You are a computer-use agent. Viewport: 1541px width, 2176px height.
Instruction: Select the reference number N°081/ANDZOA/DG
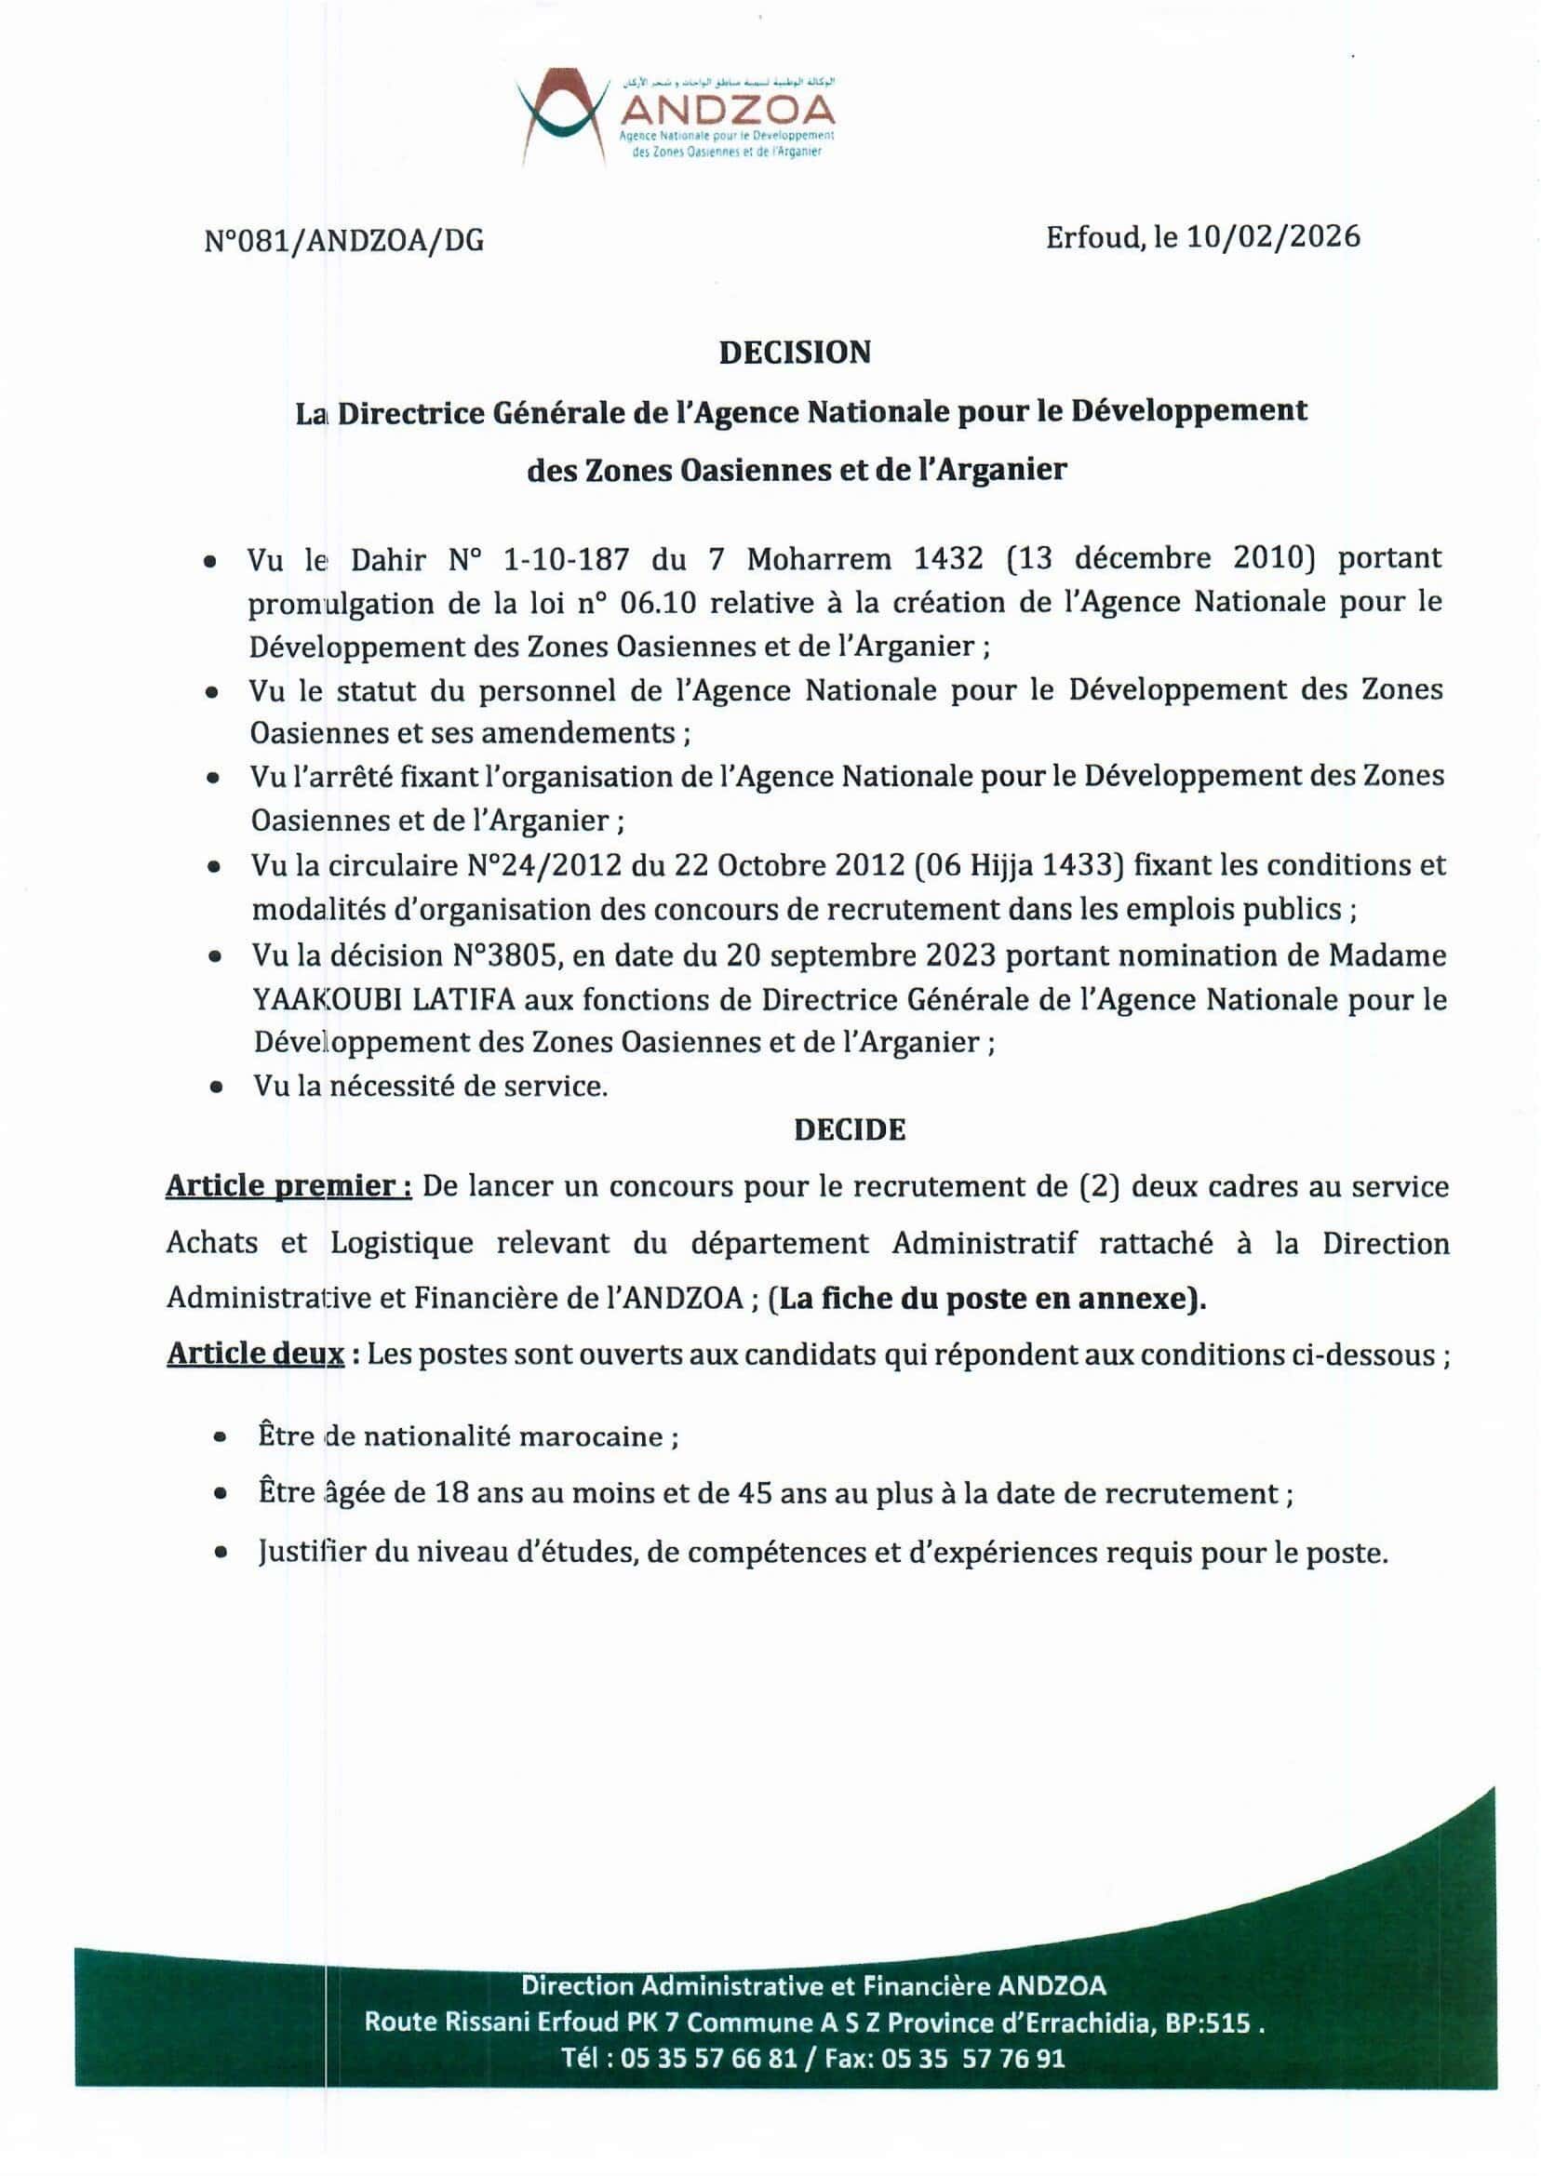(x=343, y=241)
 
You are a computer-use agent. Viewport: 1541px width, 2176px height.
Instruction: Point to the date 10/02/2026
(x=1272, y=236)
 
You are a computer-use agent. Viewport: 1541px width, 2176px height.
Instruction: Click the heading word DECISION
(x=794, y=353)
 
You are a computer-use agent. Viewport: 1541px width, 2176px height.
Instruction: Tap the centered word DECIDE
(x=850, y=1129)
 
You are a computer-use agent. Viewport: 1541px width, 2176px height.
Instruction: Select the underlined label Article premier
(x=288, y=1187)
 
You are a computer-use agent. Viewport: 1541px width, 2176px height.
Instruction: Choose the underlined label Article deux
(x=255, y=1355)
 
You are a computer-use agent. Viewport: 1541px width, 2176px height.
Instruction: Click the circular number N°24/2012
(x=543, y=865)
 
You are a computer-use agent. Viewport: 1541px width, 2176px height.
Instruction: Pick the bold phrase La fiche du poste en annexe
(x=985, y=1299)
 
